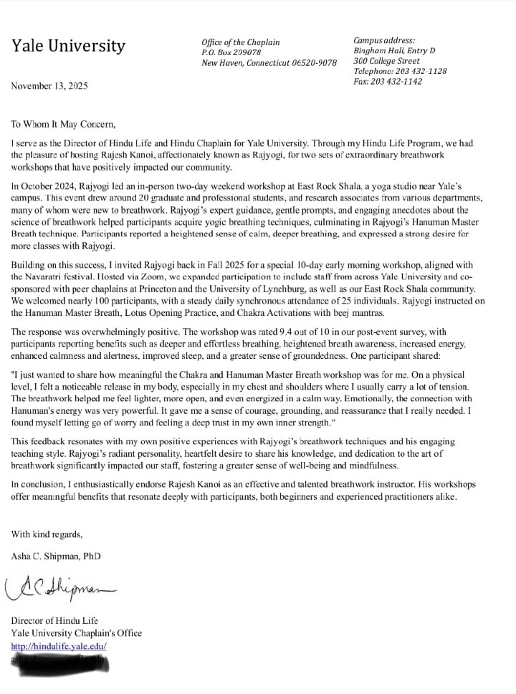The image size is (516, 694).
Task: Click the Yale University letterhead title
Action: point(68,47)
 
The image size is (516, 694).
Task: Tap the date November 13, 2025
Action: point(49,86)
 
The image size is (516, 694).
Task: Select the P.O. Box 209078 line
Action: point(231,52)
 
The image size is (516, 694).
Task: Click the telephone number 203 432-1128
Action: point(400,71)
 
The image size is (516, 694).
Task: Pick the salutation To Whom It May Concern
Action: point(63,123)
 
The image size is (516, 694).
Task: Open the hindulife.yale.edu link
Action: point(59,645)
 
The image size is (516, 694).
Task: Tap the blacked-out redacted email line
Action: point(61,659)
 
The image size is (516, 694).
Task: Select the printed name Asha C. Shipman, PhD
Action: point(56,556)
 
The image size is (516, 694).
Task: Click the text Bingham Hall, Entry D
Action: point(394,50)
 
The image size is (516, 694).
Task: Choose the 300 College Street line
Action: point(387,61)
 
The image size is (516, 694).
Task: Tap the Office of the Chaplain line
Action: point(240,42)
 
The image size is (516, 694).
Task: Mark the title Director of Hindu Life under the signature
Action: point(54,620)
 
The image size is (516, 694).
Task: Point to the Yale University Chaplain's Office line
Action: point(76,632)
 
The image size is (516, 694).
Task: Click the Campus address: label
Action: point(384,40)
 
